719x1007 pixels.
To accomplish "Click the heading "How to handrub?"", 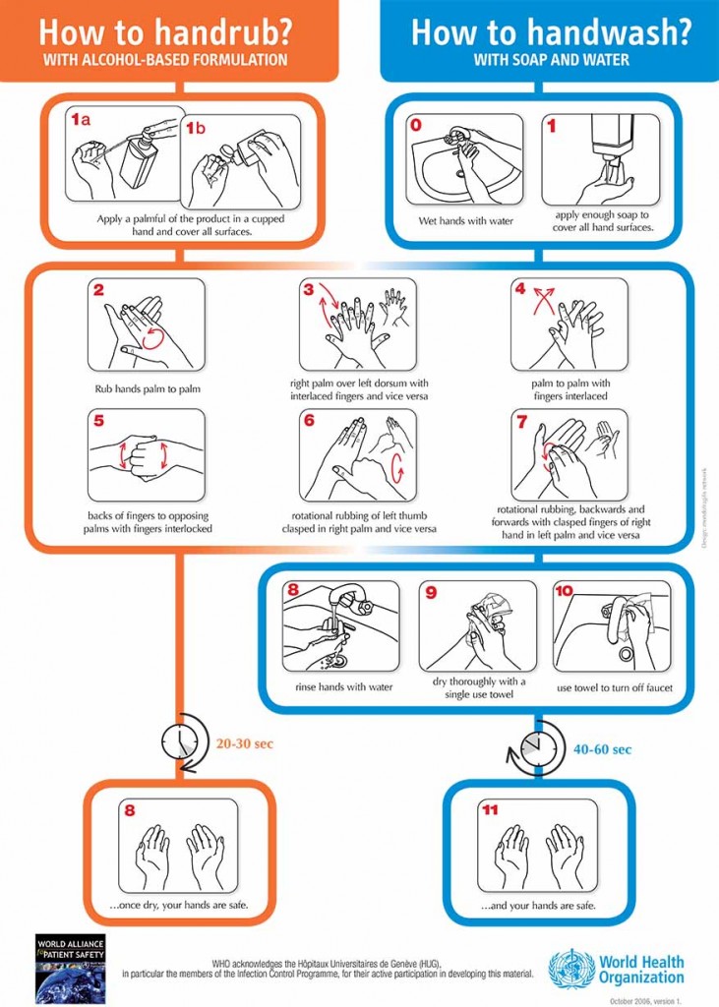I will [x=165, y=31].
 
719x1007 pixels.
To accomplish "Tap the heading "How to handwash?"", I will [x=551, y=31].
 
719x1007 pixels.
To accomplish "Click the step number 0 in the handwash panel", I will [x=416, y=126].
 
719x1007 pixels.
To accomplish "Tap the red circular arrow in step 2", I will [x=152, y=337].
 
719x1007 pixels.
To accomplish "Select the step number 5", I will [x=98, y=421].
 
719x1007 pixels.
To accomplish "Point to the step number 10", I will [x=564, y=591].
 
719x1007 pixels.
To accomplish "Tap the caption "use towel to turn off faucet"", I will [x=615, y=687].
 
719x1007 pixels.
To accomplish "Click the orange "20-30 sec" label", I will [x=244, y=743].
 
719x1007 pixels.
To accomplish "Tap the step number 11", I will [x=490, y=810].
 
